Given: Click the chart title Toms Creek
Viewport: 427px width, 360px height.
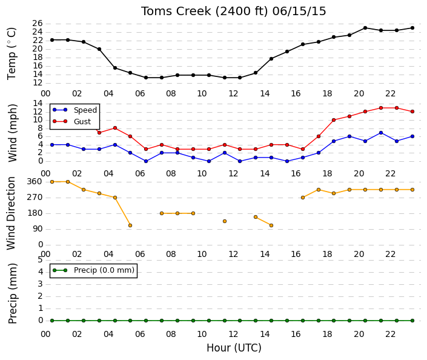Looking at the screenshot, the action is click(176, 12).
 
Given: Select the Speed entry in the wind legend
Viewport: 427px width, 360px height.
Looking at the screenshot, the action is click(85, 110).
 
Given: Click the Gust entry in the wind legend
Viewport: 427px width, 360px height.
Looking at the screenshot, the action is click(82, 122).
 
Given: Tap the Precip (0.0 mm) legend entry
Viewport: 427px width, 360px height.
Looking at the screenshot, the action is click(104, 270).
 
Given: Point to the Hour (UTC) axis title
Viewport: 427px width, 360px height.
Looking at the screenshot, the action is click(234, 348).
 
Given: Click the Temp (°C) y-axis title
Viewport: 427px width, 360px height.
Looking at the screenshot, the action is click(12, 53).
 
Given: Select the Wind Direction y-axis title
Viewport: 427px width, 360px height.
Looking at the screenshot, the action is click(11, 213).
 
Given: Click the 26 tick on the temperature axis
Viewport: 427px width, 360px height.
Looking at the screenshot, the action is click(38, 24).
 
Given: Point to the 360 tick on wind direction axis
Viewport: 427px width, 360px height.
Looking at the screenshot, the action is click(35, 182).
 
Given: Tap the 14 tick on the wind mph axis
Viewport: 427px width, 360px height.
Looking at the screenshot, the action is click(38, 103).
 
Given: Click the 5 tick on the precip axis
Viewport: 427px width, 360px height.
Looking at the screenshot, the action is click(41, 259).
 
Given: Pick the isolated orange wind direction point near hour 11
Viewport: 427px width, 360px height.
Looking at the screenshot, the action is click(225, 221).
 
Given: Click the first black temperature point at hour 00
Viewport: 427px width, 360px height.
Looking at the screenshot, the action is click(52, 40).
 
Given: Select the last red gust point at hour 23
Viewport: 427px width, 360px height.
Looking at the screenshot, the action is click(412, 112).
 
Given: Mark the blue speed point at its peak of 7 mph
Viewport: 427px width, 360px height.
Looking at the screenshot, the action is click(381, 133).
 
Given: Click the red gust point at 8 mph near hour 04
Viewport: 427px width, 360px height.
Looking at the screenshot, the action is click(115, 128).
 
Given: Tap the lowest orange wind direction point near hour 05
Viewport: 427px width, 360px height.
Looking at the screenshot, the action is click(130, 225).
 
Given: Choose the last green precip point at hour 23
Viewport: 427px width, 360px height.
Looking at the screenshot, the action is click(412, 321).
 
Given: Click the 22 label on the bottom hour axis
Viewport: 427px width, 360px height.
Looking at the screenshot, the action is click(390, 334).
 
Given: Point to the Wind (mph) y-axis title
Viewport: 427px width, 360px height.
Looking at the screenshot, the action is click(12, 133).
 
